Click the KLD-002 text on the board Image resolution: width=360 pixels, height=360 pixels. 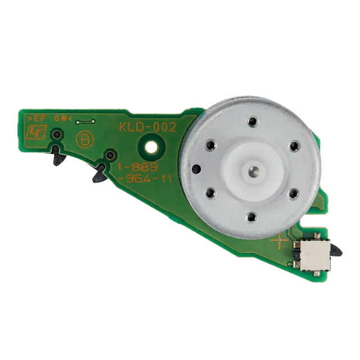point(147,127)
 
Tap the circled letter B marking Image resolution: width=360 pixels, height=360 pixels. point(85,140)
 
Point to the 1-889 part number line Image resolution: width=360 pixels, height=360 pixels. point(137,168)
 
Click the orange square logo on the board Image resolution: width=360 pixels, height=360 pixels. point(37,132)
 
